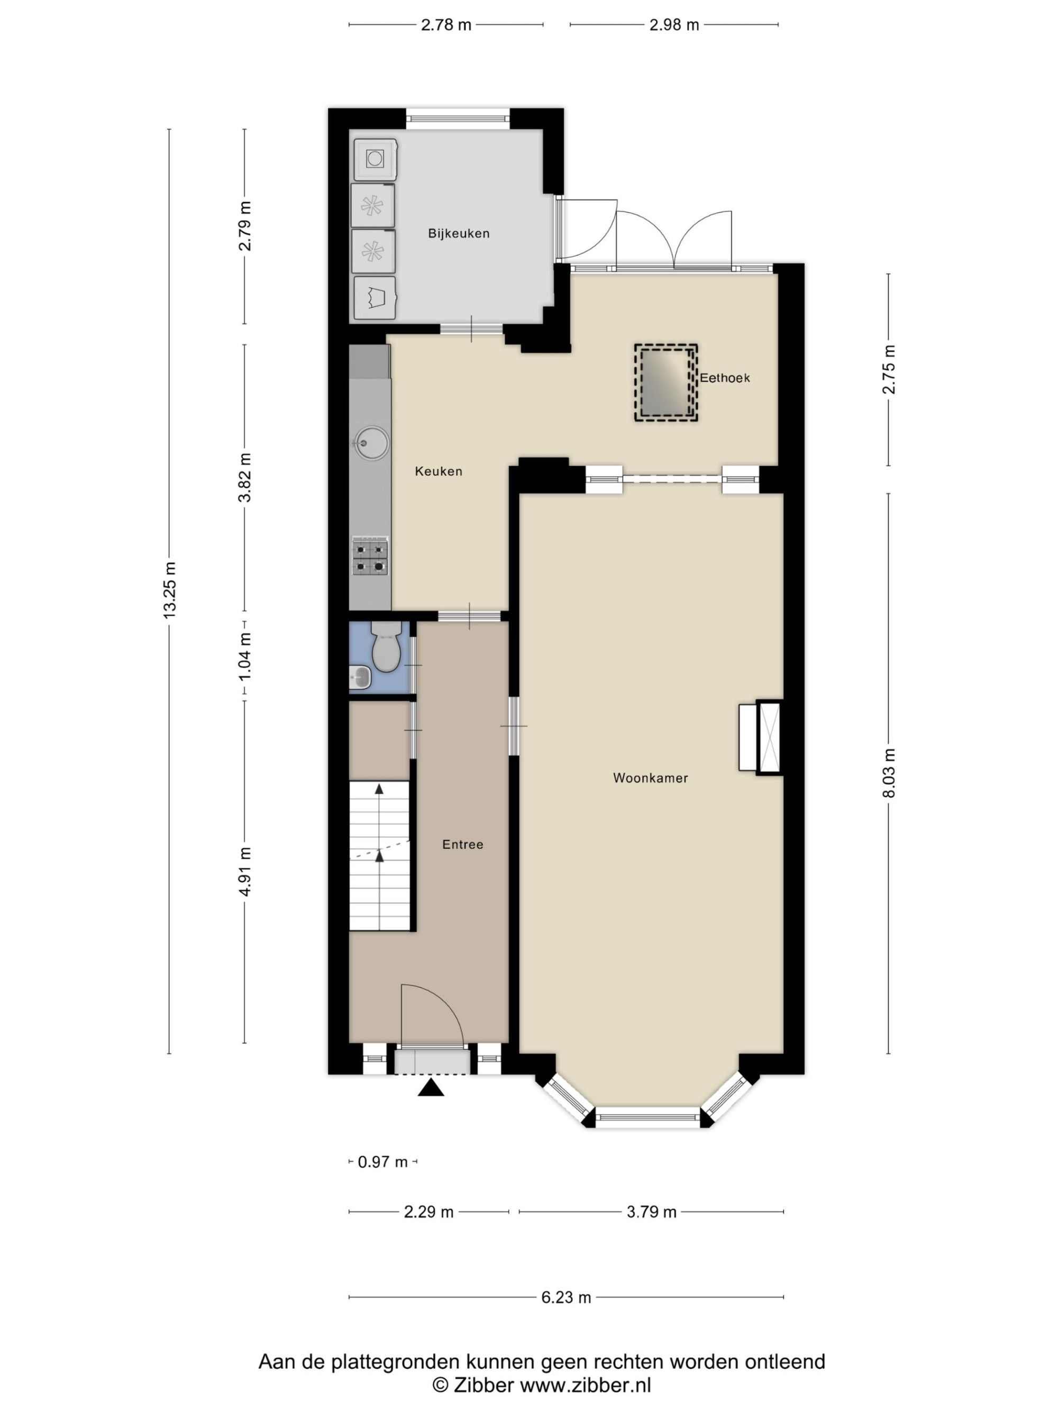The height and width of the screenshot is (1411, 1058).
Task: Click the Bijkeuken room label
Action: (459, 233)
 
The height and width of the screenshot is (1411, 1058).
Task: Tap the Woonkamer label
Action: (651, 778)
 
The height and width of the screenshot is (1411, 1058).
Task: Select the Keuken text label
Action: (438, 471)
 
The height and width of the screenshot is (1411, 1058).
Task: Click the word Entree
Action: (462, 844)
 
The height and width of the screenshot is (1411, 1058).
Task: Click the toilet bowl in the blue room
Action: (386, 649)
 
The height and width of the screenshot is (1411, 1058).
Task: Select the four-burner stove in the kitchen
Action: (370, 557)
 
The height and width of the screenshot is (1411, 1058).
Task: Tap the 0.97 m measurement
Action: (382, 1162)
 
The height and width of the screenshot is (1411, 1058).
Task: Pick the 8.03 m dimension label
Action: (890, 772)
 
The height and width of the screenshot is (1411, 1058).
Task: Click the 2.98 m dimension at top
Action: (674, 25)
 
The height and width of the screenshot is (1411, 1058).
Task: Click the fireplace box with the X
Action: (769, 738)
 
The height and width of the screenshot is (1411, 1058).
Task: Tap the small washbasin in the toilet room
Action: (360, 677)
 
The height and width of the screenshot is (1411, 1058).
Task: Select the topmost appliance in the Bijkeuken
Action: (376, 159)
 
